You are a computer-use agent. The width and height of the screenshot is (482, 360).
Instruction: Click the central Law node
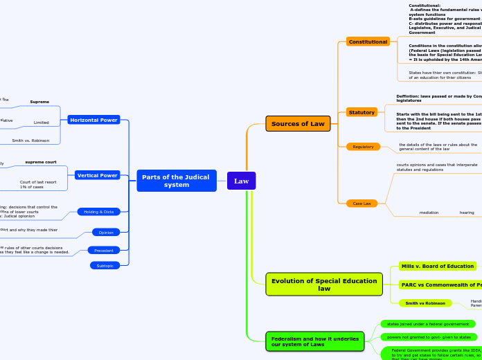coord(241,181)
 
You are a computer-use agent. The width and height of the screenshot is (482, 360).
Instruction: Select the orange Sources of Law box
coord(298,124)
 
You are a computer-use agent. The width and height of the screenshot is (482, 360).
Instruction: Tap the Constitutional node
coord(368,42)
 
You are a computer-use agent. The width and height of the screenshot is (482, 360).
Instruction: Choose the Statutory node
coord(361,112)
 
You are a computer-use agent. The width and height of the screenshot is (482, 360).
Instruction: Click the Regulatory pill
coord(363,147)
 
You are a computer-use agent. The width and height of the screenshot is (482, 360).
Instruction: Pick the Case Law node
coord(361,204)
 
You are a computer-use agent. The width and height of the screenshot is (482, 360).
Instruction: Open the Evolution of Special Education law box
coord(324,284)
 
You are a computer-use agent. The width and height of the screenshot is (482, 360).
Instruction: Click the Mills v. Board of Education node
coord(437,266)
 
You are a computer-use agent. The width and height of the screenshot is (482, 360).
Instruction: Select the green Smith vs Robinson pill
coord(425,303)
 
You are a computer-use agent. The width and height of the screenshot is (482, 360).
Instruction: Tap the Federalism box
coord(314,341)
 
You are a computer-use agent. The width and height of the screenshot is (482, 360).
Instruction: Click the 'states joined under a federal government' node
coord(427,324)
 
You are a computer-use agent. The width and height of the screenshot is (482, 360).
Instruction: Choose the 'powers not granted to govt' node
coord(429,337)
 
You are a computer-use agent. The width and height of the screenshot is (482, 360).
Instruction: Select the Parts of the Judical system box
coord(177,181)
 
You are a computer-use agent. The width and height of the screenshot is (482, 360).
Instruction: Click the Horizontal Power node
coord(93,120)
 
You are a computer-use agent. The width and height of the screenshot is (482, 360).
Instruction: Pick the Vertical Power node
coord(98,175)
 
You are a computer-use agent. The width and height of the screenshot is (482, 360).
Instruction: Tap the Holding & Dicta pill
coord(99,211)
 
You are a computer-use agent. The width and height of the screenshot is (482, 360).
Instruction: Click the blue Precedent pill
coord(104,250)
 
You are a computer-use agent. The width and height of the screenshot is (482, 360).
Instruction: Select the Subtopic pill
coord(105,265)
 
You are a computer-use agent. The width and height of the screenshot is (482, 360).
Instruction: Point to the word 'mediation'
coord(429,213)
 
